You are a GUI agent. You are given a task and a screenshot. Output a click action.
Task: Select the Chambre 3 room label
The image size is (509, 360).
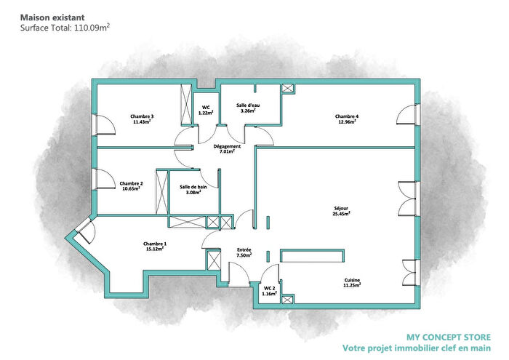pos(142,116)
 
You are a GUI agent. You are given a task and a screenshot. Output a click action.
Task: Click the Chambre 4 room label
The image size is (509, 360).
pos(346,116)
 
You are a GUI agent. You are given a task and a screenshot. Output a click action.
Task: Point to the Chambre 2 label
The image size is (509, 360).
pos(131,183)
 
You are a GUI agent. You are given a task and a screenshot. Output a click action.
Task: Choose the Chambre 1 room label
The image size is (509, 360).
pos(154,244)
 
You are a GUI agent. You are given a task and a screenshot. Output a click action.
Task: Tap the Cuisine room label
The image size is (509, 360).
pos(352,281)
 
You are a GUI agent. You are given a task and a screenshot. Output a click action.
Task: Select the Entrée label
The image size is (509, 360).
pos(244,249)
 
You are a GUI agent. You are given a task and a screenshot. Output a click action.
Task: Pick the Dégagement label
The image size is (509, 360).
pos(227,146)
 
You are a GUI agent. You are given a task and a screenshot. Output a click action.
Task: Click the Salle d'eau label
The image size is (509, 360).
pos(248,105)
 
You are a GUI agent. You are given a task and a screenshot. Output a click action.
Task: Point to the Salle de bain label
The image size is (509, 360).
pos(193,187)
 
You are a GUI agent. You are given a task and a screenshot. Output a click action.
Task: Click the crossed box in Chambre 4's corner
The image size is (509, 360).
pos(288,89)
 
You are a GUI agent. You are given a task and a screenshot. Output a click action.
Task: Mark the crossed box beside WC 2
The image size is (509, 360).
pos(288,299)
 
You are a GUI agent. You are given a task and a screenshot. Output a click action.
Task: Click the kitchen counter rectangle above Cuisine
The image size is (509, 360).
pos(311,255)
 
